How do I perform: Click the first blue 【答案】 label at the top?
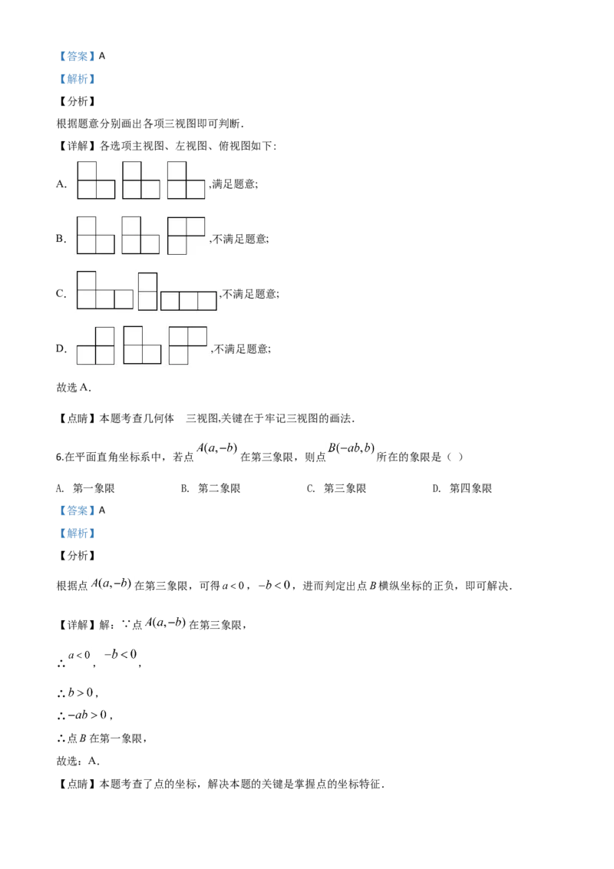point(77,56)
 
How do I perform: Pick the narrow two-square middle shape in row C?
point(147,292)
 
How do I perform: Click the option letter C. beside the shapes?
point(61,294)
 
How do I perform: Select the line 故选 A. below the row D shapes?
point(74,388)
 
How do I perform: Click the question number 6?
point(60,458)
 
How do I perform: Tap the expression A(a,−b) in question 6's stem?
point(216,448)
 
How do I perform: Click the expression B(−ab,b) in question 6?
point(352,448)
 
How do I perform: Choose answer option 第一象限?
point(94,488)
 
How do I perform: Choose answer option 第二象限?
point(220,488)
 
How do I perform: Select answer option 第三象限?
point(345,488)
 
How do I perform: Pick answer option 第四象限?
point(471,488)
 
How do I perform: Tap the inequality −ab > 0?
point(87,715)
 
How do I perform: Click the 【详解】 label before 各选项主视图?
point(77,146)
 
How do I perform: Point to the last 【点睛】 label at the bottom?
point(77,785)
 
